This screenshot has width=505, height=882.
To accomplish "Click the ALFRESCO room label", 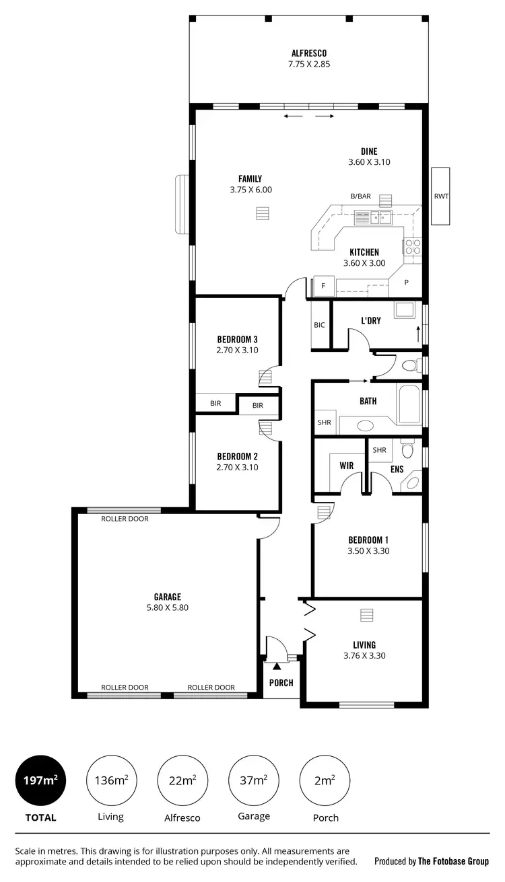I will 310,52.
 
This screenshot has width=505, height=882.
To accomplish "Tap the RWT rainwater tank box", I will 441,196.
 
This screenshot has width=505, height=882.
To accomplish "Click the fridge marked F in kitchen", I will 323,286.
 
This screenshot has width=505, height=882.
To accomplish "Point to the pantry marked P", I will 406,283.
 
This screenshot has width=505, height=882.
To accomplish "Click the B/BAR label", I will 360,196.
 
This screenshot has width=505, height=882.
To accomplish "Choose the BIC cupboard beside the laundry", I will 319,325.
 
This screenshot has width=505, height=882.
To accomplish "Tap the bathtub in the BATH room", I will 409,404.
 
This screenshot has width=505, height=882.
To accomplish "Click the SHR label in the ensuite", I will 379,450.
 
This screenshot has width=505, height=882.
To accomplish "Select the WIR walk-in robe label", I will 347,465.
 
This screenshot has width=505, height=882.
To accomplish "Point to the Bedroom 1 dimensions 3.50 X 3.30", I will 368,551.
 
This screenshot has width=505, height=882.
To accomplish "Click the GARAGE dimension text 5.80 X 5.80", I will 167,608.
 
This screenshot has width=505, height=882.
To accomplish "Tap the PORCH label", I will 281,683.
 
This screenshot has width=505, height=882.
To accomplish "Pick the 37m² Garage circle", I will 253,780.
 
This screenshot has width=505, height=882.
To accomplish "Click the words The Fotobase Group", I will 453,861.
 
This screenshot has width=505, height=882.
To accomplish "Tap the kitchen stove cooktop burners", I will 413,247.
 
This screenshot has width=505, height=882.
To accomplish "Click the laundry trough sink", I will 404,310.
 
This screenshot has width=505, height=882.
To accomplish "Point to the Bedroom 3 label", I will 237,339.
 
